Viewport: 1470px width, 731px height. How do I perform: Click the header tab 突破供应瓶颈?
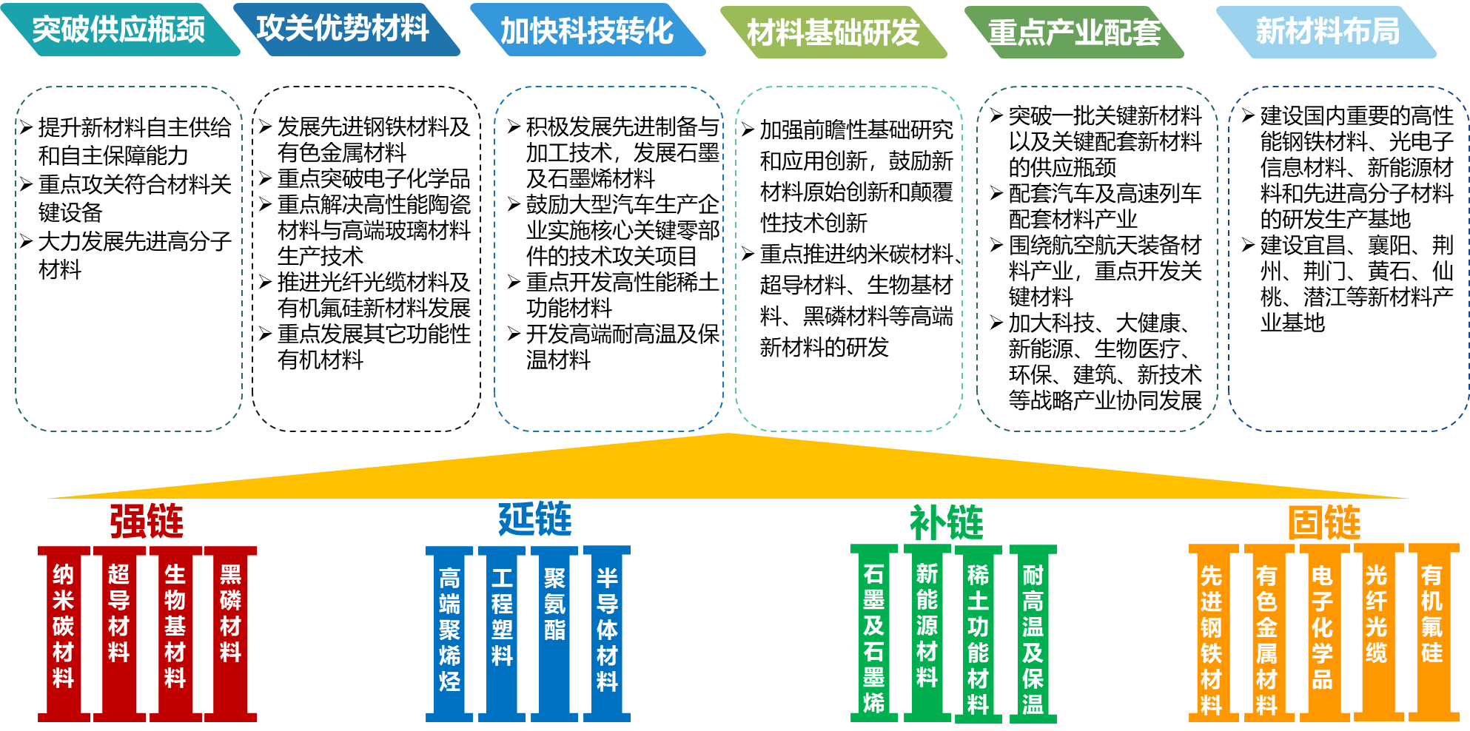pyautogui.click(x=118, y=30)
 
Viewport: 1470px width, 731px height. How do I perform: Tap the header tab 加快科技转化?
pyautogui.click(x=586, y=31)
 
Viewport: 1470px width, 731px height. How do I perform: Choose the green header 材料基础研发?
pyautogui.click(x=833, y=33)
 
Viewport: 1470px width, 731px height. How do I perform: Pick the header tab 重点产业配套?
pyautogui.click(x=1074, y=33)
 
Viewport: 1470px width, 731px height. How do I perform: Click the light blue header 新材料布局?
pyautogui.click(x=1327, y=31)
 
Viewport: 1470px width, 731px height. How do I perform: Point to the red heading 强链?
pyautogui.click(x=147, y=521)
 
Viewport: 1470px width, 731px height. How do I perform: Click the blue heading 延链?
pyautogui.click(x=535, y=519)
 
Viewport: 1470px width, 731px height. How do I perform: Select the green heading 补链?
pyautogui.click(x=947, y=522)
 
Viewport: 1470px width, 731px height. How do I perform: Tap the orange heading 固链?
pyautogui.click(x=1324, y=522)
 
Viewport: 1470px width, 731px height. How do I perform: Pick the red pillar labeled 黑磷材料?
pyautogui.click(x=230, y=614)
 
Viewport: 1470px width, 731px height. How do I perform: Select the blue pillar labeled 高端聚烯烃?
pyautogui.click(x=449, y=630)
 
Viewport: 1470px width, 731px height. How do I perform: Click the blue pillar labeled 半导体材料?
pyautogui.click(x=607, y=630)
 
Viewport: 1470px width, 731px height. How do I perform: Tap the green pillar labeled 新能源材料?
pyautogui.click(x=927, y=626)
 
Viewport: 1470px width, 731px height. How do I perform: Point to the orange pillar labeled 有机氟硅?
pyautogui.click(x=1432, y=614)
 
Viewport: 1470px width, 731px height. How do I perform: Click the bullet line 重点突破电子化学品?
pyautogui.click(x=374, y=178)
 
